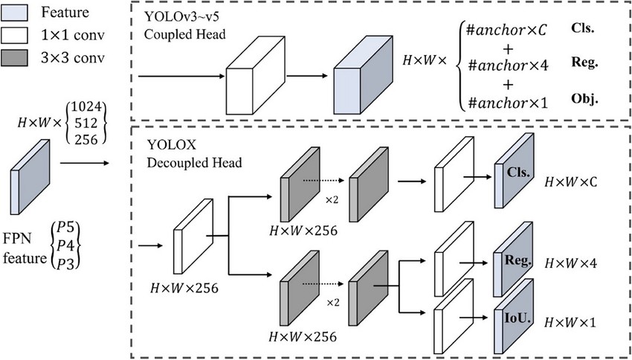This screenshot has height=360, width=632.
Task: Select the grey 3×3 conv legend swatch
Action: point(17,57)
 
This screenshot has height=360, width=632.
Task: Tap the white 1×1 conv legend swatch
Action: point(17,36)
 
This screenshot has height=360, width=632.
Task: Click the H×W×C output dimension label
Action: point(572,181)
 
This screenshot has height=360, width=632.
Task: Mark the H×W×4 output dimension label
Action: point(572,263)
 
